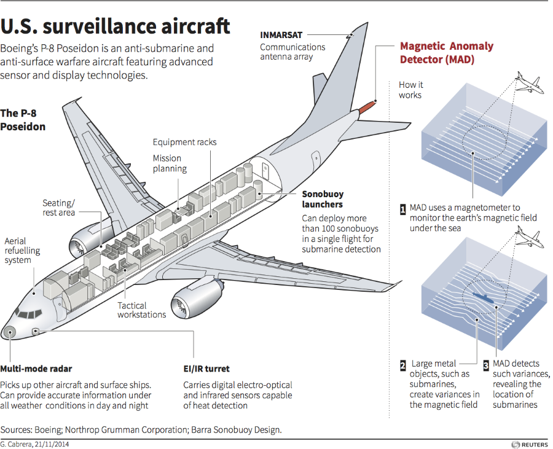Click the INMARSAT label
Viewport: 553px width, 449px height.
pyautogui.click(x=281, y=35)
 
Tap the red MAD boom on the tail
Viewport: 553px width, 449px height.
pyautogui.click(x=367, y=106)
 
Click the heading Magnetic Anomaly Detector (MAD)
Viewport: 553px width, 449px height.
pyautogui.click(x=447, y=52)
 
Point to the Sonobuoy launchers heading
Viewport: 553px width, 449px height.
pyautogui.click(x=323, y=199)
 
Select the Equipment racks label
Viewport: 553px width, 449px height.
pyautogui.click(x=184, y=142)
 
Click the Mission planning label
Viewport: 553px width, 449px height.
pyautogui.click(x=170, y=163)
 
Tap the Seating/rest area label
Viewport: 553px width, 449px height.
pyautogui.click(x=58, y=208)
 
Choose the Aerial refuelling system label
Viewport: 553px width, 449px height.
pyautogui.click(x=22, y=251)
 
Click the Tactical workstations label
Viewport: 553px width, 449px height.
pyautogui.click(x=141, y=310)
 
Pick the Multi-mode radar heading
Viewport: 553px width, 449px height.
pyautogui.click(x=36, y=369)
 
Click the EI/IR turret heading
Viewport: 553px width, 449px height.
pyautogui.click(x=206, y=369)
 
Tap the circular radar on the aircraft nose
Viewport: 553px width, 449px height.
pyautogui.click(x=9, y=332)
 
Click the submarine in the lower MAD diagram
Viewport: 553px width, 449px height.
pyautogui.click(x=482, y=297)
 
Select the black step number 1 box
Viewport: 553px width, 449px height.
pyautogui.click(x=402, y=209)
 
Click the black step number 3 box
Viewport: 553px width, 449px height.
pyautogui.click(x=486, y=365)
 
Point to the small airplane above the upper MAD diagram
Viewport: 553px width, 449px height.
pyautogui.click(x=527, y=82)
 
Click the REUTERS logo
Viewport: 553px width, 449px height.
pyautogui.click(x=530, y=445)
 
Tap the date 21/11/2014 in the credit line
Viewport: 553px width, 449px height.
pyautogui.click(x=51, y=444)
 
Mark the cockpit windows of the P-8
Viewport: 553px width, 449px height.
pyautogui.click(x=29, y=314)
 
